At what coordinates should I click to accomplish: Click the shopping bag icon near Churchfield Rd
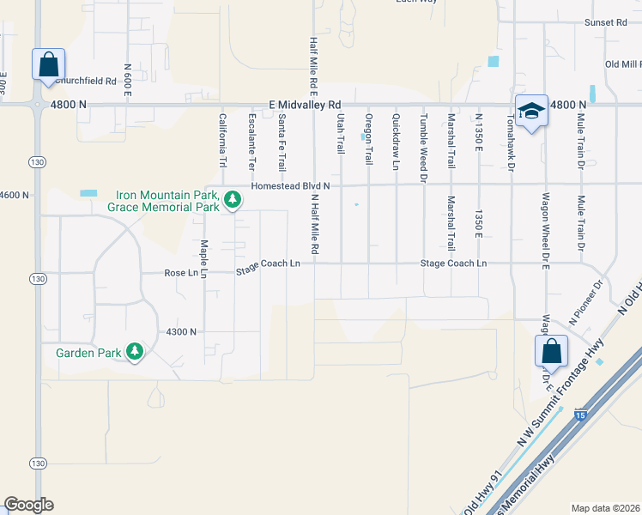click(48, 64)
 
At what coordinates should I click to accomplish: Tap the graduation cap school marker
click(532, 110)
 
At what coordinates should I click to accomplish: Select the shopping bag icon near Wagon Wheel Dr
click(550, 351)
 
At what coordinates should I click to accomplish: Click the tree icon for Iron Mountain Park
click(232, 201)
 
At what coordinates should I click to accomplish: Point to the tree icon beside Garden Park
click(135, 352)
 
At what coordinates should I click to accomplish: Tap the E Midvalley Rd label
click(305, 103)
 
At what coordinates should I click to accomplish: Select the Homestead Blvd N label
click(290, 185)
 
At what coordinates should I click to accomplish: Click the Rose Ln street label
click(181, 274)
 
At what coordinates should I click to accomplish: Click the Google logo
click(28, 505)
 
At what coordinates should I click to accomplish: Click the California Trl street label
click(222, 141)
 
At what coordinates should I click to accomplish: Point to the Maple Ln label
click(204, 252)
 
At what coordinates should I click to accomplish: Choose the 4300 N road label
click(181, 332)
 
